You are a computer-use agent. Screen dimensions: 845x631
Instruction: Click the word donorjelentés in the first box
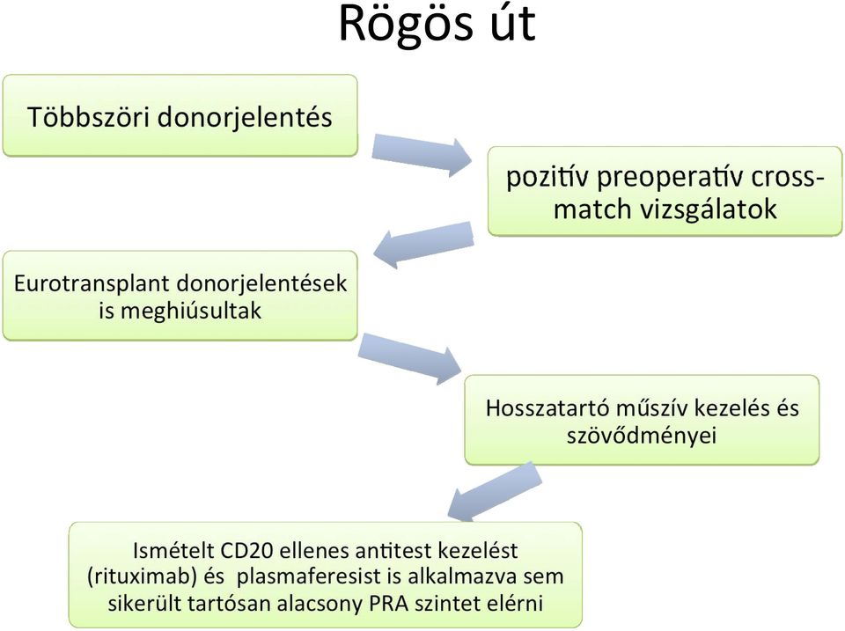[245, 118]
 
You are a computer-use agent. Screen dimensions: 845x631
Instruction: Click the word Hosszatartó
[547, 408]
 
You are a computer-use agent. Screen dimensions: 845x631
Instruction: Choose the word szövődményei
[642, 435]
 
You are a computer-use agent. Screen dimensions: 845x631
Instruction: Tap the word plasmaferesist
[309, 576]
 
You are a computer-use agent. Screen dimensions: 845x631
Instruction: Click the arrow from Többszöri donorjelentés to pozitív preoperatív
[422, 154]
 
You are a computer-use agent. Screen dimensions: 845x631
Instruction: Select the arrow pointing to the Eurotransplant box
[423, 244]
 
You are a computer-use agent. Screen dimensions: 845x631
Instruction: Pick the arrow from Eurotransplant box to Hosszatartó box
[410, 357]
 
